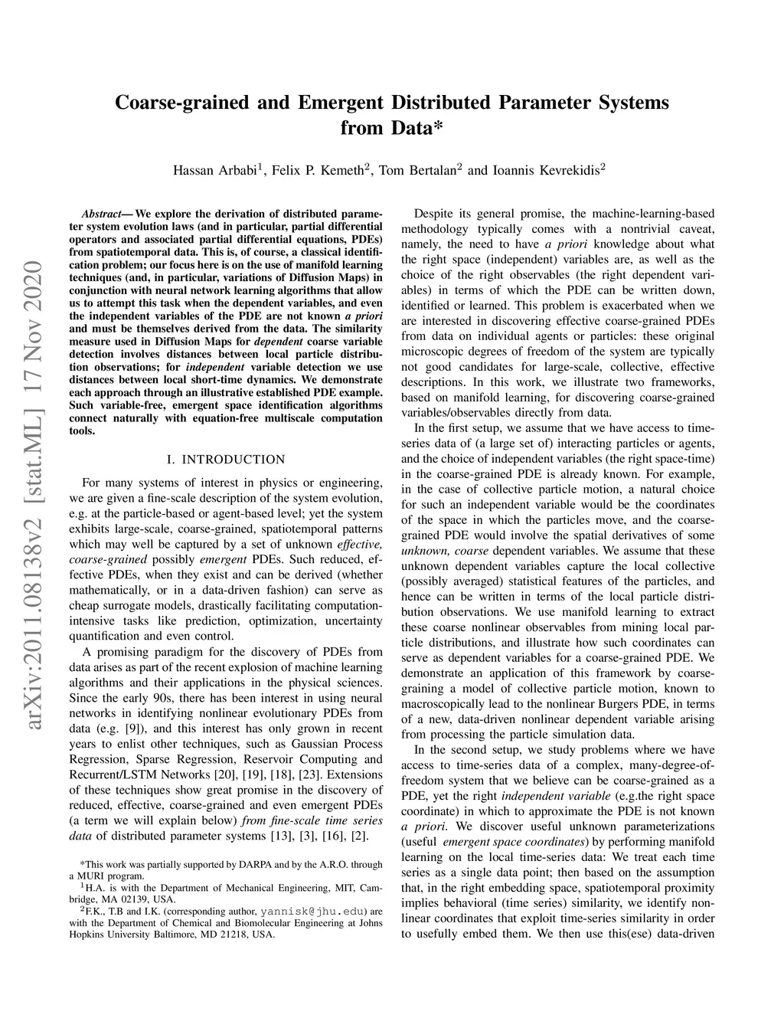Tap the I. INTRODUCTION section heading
(226, 460)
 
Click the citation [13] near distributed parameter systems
(282, 836)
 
